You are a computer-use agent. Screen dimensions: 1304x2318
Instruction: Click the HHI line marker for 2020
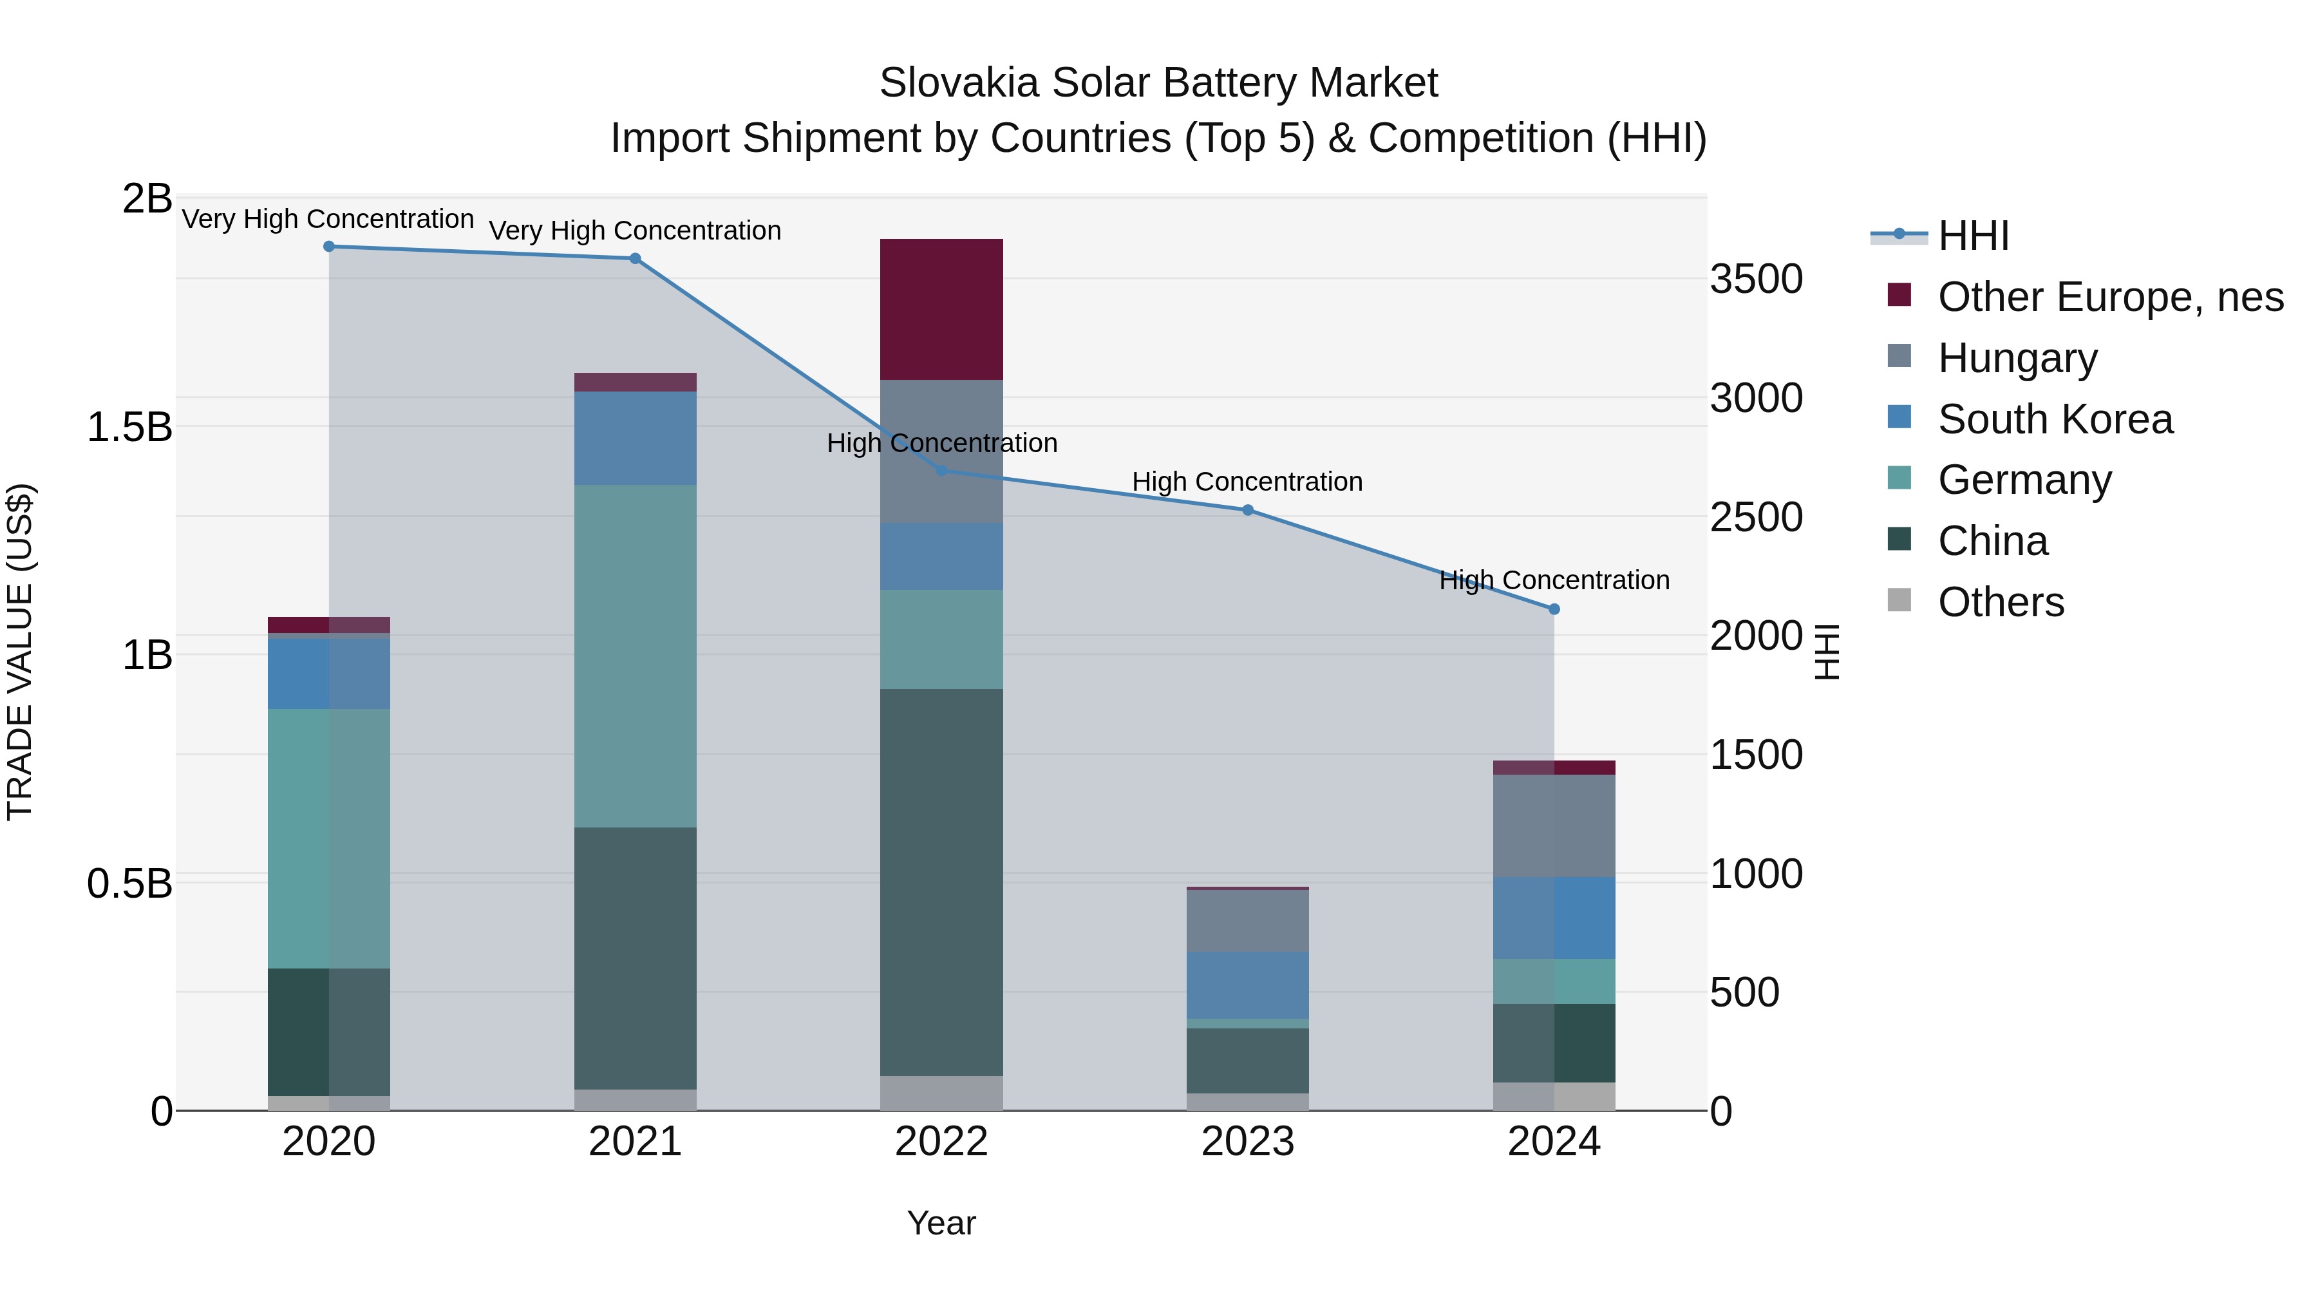(328, 247)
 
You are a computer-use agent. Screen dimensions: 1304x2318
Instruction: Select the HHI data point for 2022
(941, 471)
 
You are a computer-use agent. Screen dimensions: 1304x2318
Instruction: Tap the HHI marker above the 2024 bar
(1554, 609)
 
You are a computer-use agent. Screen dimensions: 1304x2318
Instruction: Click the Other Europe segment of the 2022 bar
(941, 310)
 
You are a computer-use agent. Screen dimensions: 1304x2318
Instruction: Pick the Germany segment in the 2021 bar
(636, 656)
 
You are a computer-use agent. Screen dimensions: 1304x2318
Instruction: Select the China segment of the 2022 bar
(941, 882)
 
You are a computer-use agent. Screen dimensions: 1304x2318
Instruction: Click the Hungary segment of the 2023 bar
(1247, 921)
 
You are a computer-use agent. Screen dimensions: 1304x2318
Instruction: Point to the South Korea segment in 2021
(636, 439)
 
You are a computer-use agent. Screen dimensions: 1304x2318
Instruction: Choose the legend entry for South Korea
(2055, 419)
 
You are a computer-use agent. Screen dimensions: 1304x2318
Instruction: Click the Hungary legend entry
(2017, 358)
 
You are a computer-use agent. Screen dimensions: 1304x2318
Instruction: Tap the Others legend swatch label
(2001, 602)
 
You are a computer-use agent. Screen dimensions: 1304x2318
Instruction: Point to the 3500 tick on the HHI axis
(1756, 279)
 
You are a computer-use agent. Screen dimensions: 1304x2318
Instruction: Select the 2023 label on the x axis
(1247, 1142)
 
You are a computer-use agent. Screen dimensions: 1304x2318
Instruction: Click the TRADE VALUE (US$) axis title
(20, 652)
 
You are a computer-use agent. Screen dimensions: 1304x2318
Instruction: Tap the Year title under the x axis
(941, 1223)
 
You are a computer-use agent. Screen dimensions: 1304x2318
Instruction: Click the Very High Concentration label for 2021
(636, 231)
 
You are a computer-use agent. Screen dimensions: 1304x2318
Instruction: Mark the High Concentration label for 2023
(1247, 482)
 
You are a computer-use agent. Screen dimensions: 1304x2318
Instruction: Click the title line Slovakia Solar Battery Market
(1158, 83)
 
